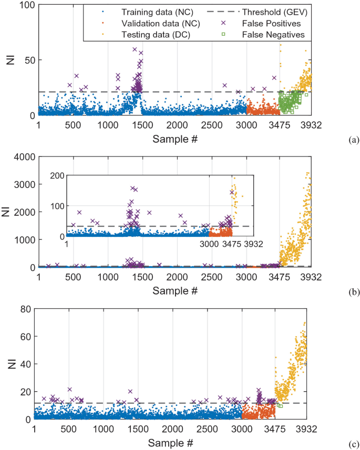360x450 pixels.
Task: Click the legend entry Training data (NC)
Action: pyautogui.click(x=142, y=12)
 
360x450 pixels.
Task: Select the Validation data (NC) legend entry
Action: pyautogui.click(x=146, y=23)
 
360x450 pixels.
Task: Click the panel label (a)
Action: pyautogui.click(x=353, y=139)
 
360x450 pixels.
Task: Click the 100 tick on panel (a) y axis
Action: pyautogui.click(x=26, y=5)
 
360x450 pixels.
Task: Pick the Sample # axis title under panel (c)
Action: pyautogui.click(x=170, y=443)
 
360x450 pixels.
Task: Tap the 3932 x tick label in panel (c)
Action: pyautogui.click(x=305, y=430)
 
